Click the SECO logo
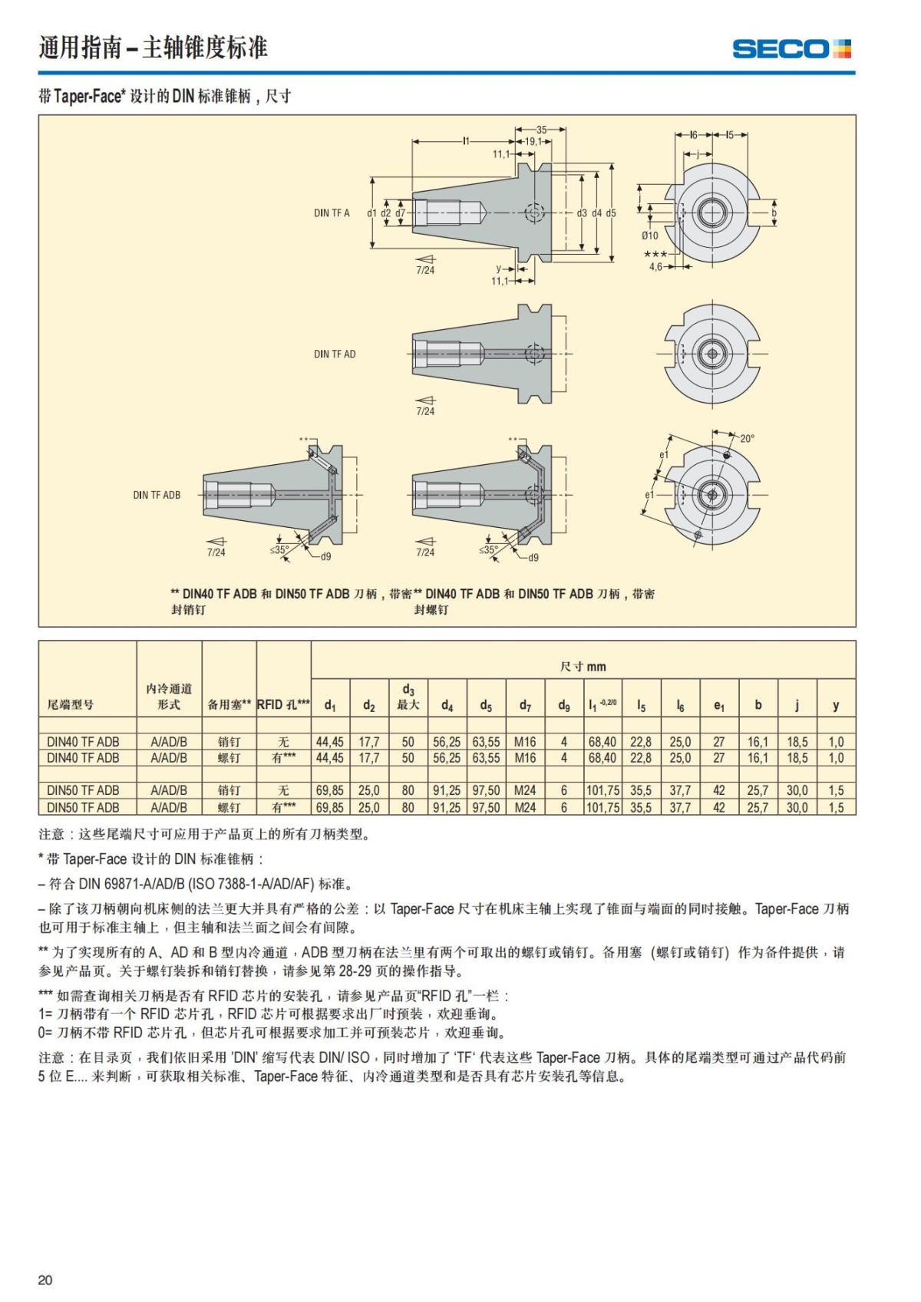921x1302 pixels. pos(791,49)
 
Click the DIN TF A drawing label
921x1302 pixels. pos(332,213)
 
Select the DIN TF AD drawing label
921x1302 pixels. pos(335,354)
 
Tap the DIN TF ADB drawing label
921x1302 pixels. pos(157,495)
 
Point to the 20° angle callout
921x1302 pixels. pos(747,438)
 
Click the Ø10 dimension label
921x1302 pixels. pos(649,236)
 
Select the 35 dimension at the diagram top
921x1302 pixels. pos(541,130)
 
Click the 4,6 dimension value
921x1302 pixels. pos(655,266)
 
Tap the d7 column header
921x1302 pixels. pos(525,705)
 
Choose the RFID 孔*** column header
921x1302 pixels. pos(283,704)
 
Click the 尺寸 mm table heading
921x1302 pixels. pos(583,666)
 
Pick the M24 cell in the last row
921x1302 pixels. pos(525,807)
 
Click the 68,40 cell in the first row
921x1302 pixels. pos(602,742)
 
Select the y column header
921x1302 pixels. pos(836,704)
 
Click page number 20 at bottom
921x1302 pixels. pos(45,1280)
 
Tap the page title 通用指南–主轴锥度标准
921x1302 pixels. pos(153,48)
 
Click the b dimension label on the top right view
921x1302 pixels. pos(774,213)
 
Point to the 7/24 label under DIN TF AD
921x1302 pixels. pos(425,411)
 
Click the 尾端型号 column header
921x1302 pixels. pos(71,704)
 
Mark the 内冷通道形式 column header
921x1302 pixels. pos(169,697)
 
